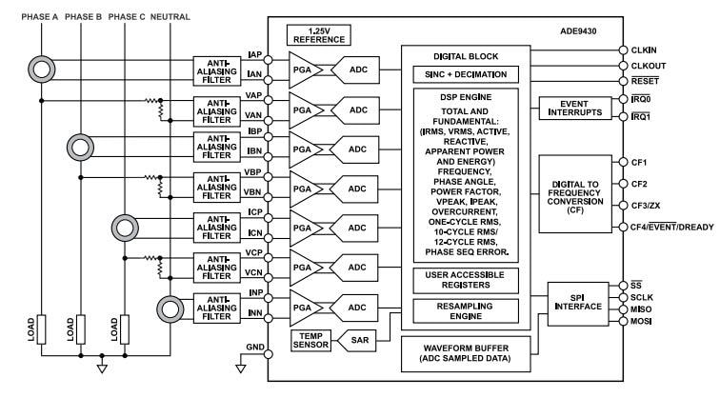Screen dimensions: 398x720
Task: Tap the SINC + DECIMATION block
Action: (465, 74)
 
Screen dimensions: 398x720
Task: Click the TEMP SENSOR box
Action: (310, 339)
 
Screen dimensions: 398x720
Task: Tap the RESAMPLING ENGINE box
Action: (465, 310)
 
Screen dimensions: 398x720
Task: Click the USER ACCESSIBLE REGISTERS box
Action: (465, 279)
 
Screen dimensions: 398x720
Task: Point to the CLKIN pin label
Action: (645, 49)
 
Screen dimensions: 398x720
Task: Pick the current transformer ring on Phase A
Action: (40, 70)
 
